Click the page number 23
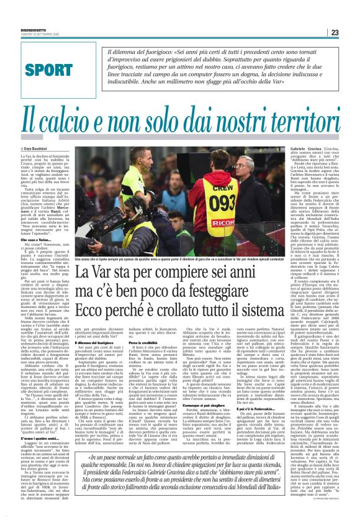pos(351,32)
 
